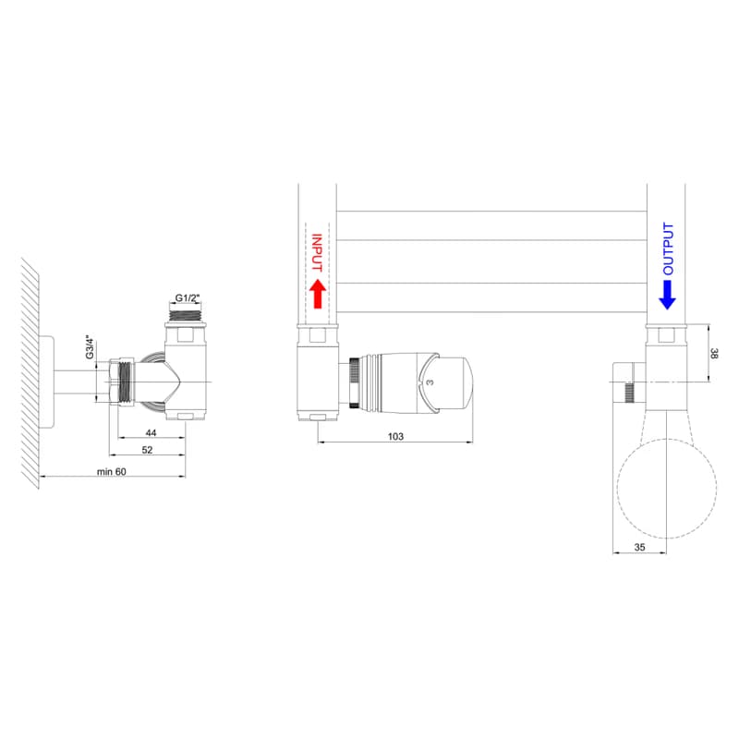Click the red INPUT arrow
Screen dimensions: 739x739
(318, 294)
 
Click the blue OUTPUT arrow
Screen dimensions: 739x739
(667, 295)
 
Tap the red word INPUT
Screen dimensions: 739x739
(317, 253)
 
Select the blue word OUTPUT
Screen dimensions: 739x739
(668, 248)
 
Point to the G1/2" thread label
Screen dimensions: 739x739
(188, 297)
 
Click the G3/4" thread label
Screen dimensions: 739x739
(90, 347)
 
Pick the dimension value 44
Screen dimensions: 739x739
(151, 432)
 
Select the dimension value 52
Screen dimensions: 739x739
(147, 450)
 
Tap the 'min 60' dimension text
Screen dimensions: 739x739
(112, 472)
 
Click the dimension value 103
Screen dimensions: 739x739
(395, 436)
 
